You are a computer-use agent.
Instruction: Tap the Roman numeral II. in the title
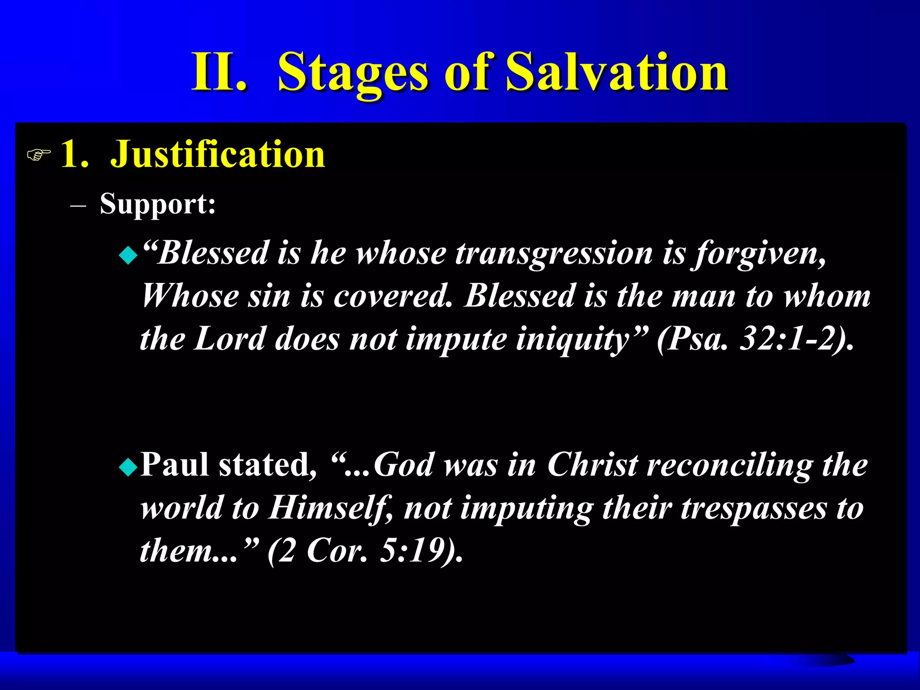(x=219, y=72)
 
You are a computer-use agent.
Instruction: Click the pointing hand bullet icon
(x=39, y=155)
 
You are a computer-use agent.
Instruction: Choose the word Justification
(x=218, y=155)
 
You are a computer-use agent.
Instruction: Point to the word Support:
(x=158, y=204)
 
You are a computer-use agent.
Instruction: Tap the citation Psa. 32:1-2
(x=755, y=340)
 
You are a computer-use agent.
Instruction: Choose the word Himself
(x=331, y=508)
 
